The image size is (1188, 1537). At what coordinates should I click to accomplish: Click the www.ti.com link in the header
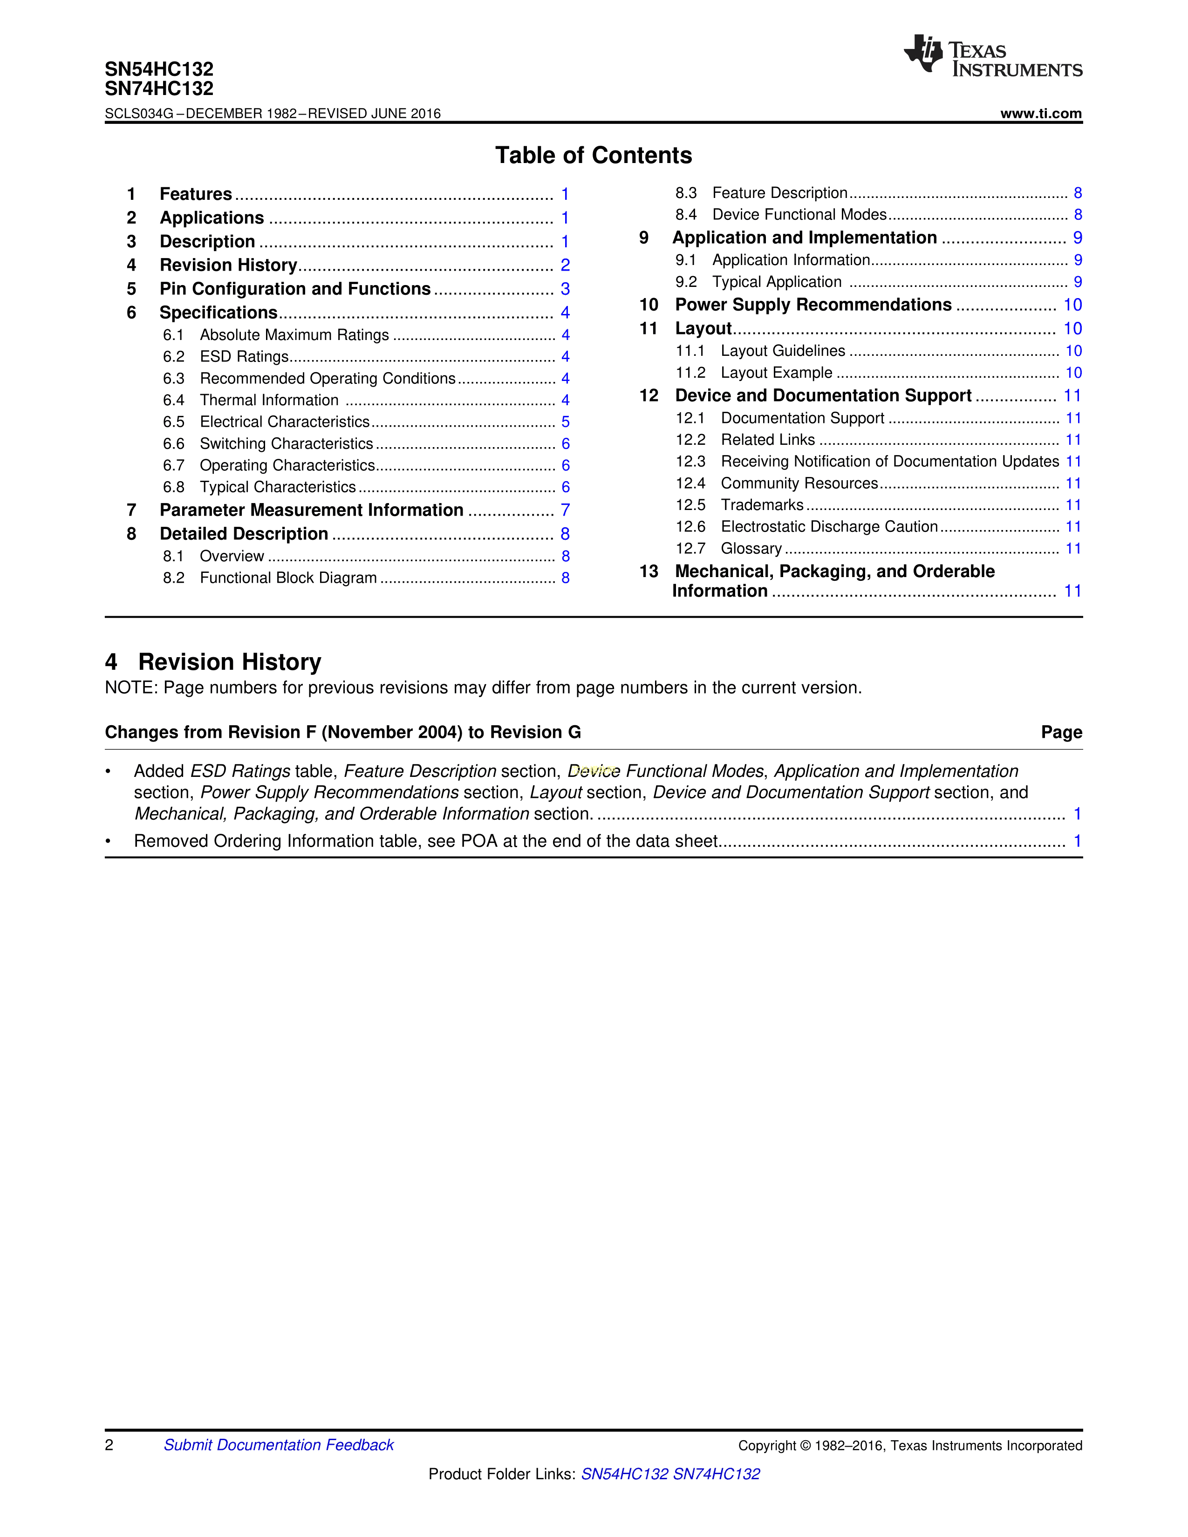(1040, 113)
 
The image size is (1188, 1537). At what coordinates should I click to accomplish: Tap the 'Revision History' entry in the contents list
(228, 265)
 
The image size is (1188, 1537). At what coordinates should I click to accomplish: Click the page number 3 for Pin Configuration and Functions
(565, 289)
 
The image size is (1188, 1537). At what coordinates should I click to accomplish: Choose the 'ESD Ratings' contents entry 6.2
(244, 357)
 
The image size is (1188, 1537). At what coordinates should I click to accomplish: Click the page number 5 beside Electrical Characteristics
(565, 422)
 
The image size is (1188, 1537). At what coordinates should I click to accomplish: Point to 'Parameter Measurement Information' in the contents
(311, 510)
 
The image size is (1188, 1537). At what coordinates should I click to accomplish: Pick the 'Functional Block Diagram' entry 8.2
(288, 578)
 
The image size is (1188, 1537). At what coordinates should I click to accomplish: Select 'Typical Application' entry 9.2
(776, 282)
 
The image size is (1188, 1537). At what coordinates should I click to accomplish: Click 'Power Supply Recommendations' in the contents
(813, 305)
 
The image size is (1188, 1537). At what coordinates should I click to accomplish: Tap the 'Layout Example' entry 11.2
(776, 373)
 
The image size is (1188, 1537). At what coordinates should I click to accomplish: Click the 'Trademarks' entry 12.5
(762, 505)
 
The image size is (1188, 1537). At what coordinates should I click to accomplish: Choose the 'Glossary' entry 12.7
(751, 549)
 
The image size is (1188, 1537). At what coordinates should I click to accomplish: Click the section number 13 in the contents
(648, 571)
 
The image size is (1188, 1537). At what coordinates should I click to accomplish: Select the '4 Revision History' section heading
(213, 662)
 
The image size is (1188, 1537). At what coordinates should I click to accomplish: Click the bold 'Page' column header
(1061, 733)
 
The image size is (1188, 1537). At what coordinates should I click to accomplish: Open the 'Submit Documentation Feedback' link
(279, 1445)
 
